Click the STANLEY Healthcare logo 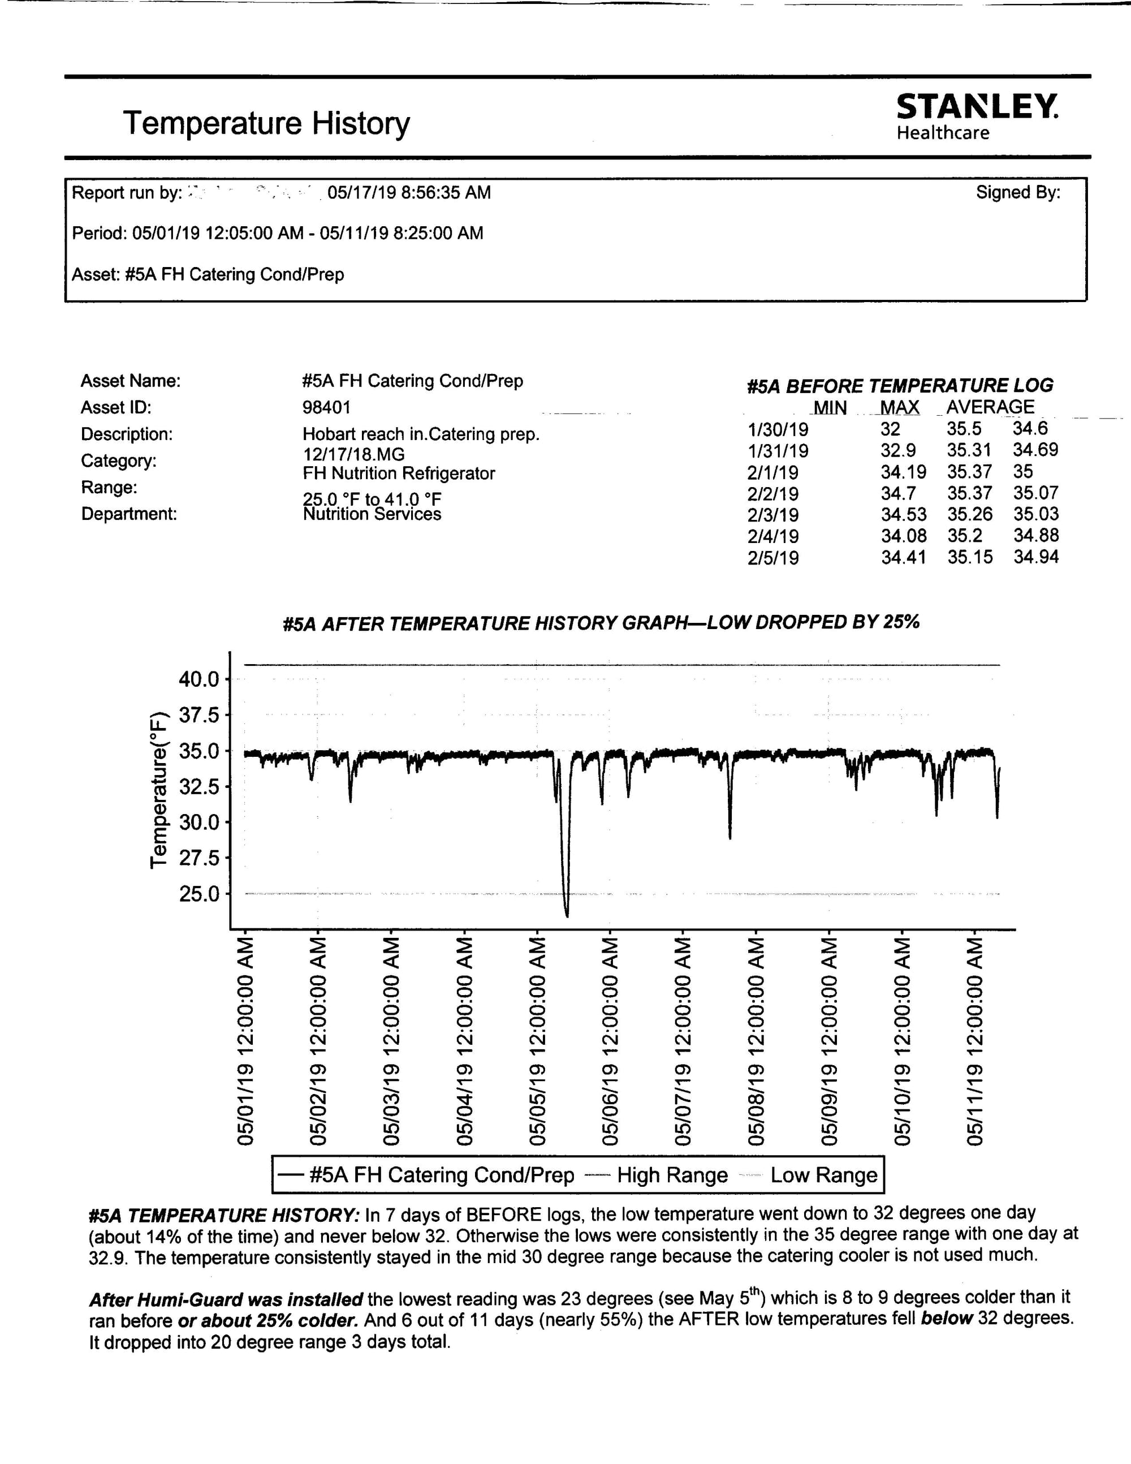[977, 116]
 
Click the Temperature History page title [266, 123]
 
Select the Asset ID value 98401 [326, 407]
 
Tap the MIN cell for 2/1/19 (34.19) [903, 472]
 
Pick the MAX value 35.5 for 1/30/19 [964, 428]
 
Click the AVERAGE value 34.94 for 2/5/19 [1036, 557]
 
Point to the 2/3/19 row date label [772, 515]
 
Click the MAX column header [899, 407]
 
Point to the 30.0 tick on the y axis [199, 823]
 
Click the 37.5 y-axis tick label [199, 715]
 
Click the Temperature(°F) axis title [158, 790]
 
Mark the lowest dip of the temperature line [567, 915]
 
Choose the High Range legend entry [672, 1175]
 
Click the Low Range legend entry [823, 1175]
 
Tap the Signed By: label [1018, 193]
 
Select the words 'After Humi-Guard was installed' [226, 1300]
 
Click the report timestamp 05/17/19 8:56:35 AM [409, 193]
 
